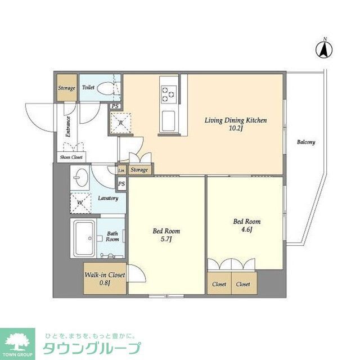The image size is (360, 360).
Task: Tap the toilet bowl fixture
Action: pyautogui.click(x=104, y=88)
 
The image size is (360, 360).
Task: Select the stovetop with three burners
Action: pyautogui.click(x=168, y=93)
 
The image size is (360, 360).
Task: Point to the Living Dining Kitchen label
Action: pyautogui.click(x=235, y=124)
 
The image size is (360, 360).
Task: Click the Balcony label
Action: pyautogui.click(x=306, y=142)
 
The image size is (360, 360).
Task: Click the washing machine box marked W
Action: pyautogui.click(x=80, y=200)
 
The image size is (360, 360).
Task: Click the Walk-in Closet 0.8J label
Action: pyautogui.click(x=105, y=278)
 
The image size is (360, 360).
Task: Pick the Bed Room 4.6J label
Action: pyautogui.click(x=247, y=225)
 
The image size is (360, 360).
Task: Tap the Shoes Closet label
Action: pyautogui.click(x=70, y=157)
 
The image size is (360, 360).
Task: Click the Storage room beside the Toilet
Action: pyautogui.click(x=66, y=88)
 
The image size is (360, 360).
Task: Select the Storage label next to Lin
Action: pyautogui.click(x=139, y=170)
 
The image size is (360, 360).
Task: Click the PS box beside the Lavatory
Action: pyautogui.click(x=121, y=183)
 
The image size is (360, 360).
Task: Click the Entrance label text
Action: pyautogui.click(x=69, y=127)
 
